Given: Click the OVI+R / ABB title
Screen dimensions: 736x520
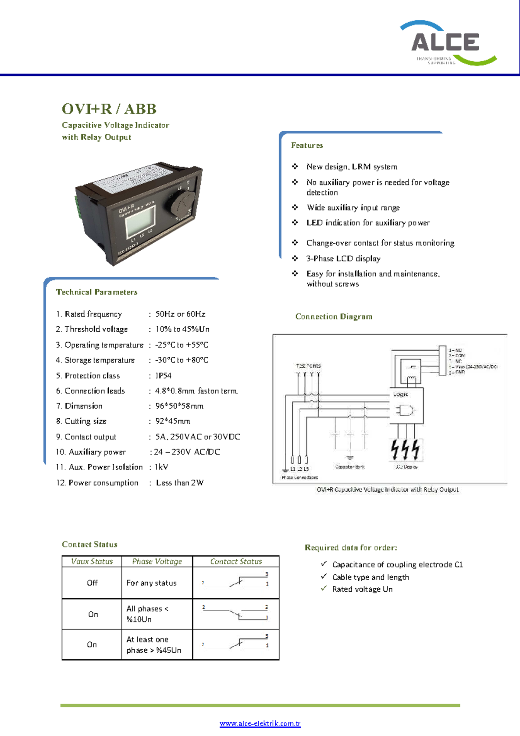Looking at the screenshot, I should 109,109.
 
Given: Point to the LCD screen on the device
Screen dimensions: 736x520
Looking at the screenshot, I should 140,220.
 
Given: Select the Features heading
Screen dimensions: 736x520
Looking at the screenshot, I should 307,145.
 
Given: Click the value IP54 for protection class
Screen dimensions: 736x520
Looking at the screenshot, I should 163,375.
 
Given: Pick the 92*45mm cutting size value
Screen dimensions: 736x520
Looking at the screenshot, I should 172,421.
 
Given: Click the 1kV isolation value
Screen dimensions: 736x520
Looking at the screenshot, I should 161,467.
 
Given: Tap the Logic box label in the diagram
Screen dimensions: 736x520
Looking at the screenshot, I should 401,394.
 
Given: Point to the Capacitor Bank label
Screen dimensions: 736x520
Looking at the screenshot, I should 350,467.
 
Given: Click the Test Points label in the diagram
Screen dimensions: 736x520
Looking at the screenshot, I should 308,366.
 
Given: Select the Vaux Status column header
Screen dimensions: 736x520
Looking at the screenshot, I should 92,561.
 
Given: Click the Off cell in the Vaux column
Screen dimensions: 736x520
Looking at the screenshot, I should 92,583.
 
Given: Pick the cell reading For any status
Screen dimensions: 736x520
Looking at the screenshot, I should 151,583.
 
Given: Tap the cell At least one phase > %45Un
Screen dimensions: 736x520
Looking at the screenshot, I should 153,645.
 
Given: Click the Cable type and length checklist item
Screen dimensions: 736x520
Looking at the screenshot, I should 370,577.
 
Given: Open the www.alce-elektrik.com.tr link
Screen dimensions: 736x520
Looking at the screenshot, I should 260,723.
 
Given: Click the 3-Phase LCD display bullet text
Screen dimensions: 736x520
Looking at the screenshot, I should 343,258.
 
